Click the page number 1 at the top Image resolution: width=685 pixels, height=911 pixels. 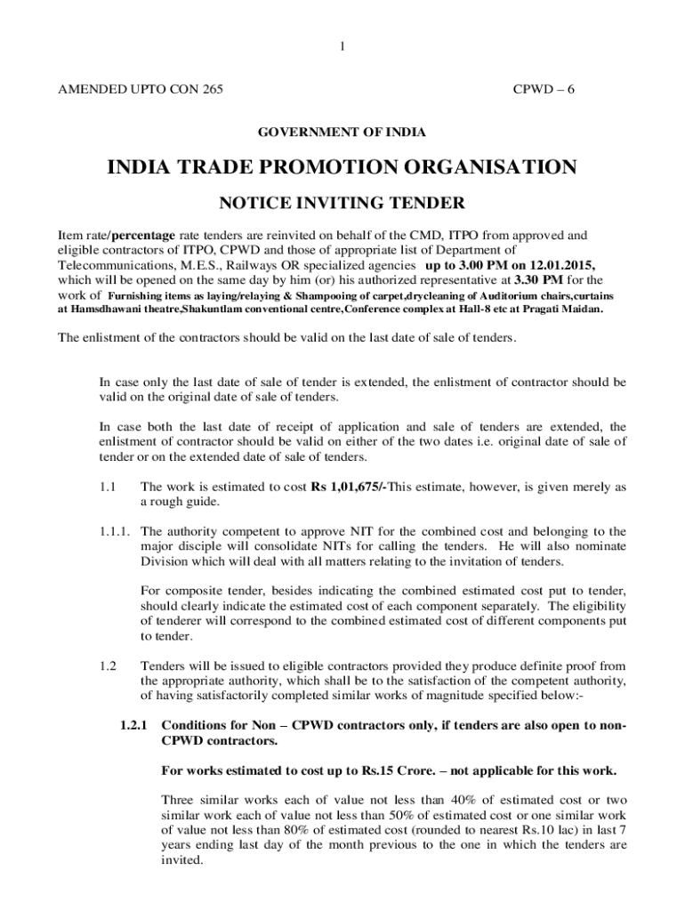(x=342, y=47)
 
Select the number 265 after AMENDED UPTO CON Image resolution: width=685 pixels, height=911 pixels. (x=212, y=90)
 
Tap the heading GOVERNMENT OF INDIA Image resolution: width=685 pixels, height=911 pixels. (x=342, y=133)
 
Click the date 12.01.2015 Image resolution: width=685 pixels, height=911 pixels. (x=560, y=265)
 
